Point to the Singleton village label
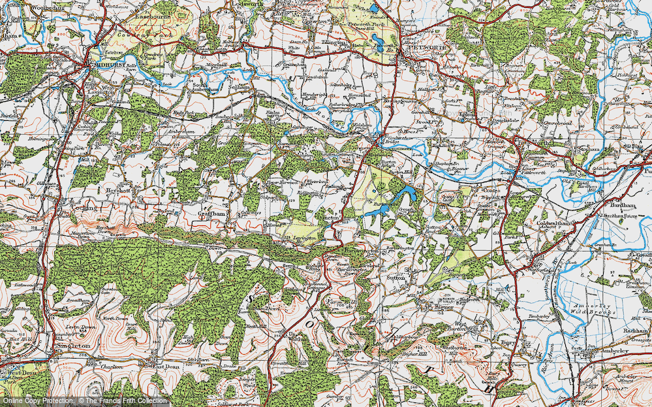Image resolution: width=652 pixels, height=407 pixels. (x=72, y=344)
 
